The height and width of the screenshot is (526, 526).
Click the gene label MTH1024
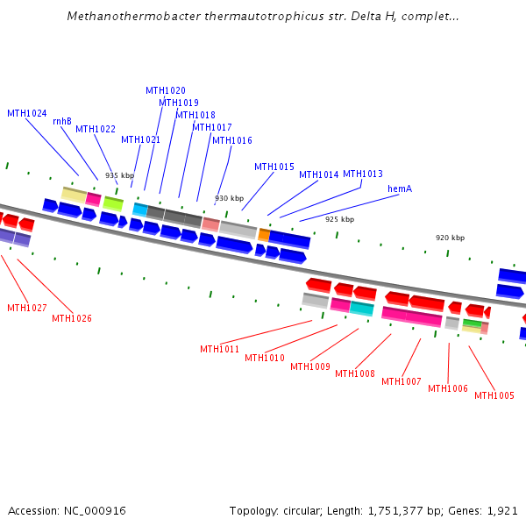tap(27, 113)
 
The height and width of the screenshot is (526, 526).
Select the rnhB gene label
tap(62, 122)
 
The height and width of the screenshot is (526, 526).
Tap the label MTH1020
tap(166, 91)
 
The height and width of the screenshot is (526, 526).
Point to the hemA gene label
tap(400, 189)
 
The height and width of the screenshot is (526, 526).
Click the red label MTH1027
tap(27, 308)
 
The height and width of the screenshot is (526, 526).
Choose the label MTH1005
tap(494, 395)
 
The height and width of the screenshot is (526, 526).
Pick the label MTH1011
tap(219, 349)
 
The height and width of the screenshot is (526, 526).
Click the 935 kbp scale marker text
tap(120, 175)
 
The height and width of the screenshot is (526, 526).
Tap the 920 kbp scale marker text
tap(451, 238)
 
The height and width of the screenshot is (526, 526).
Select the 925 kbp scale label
tap(340, 219)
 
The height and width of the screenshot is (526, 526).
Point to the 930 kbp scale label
tap(230, 198)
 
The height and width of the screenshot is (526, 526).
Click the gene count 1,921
tap(503, 510)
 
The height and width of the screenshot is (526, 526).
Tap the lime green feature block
tap(113, 203)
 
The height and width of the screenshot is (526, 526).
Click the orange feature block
tap(264, 234)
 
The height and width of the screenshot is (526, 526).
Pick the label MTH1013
tap(363, 174)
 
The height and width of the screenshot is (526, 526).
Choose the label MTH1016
tap(232, 140)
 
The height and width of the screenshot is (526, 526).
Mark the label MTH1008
tap(355, 373)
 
